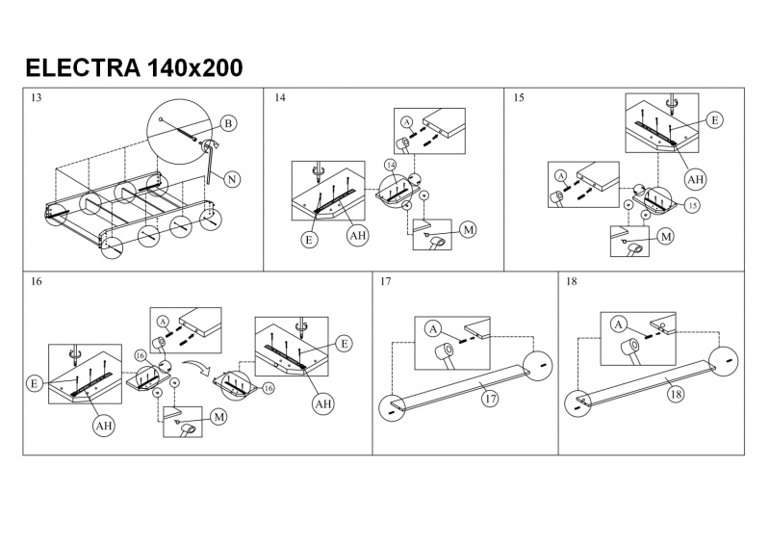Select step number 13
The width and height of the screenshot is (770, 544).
click(x=37, y=98)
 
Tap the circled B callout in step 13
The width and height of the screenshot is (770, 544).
click(x=228, y=123)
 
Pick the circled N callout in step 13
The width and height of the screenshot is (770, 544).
click(x=232, y=178)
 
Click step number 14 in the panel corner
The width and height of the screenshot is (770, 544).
click(x=280, y=98)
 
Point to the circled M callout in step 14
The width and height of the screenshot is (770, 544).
click(x=468, y=229)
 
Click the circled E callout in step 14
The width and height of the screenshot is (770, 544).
click(x=309, y=240)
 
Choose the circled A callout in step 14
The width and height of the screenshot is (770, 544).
click(x=406, y=122)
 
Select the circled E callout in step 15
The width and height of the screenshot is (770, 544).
click(x=713, y=120)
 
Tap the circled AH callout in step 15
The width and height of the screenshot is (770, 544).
click(x=695, y=178)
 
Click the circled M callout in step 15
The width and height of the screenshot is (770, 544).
click(x=665, y=236)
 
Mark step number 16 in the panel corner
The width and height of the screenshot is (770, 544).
click(x=37, y=282)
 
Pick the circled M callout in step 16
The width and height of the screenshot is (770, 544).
click(x=218, y=417)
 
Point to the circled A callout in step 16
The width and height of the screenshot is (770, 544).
click(x=163, y=322)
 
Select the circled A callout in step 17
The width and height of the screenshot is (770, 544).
click(x=434, y=329)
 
